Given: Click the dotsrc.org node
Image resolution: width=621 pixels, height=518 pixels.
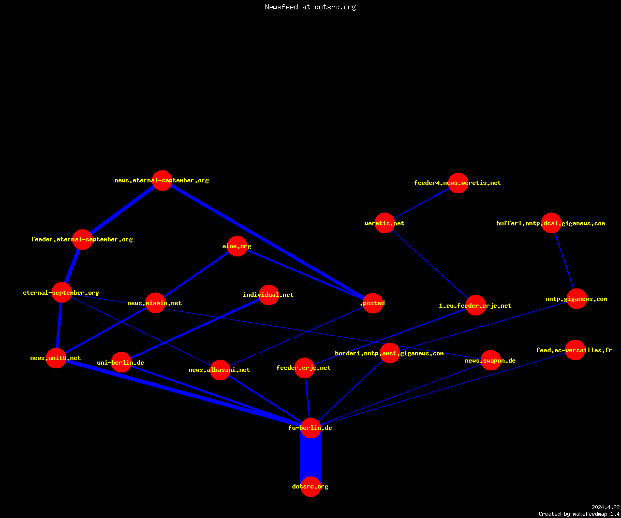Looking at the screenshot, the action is point(310,486).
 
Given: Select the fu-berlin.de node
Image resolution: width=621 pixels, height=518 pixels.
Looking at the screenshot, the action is point(310,428).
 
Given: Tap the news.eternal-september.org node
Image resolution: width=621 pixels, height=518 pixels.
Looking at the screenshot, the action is point(162,180).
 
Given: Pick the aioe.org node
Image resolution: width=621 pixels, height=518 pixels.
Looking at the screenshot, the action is point(237,246).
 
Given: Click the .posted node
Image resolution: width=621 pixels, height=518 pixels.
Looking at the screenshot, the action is point(373,303).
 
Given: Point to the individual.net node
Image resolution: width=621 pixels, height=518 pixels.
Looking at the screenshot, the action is point(269,295).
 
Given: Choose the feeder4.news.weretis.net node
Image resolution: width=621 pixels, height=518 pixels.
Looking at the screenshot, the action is point(458,183).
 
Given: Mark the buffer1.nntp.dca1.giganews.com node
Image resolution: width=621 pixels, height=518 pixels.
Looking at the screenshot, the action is point(551,223).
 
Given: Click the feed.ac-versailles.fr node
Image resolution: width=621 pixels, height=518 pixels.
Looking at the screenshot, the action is point(575,350).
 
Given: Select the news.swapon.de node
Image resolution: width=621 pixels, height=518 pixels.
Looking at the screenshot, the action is point(491,360).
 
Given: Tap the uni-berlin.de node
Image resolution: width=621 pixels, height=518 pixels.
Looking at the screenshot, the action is point(121,362).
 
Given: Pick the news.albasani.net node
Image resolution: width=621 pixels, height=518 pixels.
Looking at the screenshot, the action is point(220,370).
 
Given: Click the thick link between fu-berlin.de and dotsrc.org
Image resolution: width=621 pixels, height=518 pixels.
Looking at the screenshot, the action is point(310,457).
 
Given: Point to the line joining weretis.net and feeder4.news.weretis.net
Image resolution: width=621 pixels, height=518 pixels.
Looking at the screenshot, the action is point(421,203).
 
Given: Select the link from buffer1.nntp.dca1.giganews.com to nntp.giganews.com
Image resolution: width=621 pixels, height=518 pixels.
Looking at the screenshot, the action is point(564,261).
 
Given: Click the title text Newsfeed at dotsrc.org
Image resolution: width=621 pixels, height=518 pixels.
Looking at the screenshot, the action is point(310,7).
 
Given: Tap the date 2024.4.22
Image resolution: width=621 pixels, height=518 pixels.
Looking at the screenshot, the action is point(605,507).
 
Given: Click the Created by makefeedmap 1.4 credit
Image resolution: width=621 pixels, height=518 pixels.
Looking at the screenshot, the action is point(579,514).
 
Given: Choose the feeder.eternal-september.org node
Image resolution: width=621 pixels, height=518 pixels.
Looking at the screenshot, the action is point(82,239).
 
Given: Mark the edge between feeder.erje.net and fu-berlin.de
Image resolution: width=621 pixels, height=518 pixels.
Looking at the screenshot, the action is point(307,398).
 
